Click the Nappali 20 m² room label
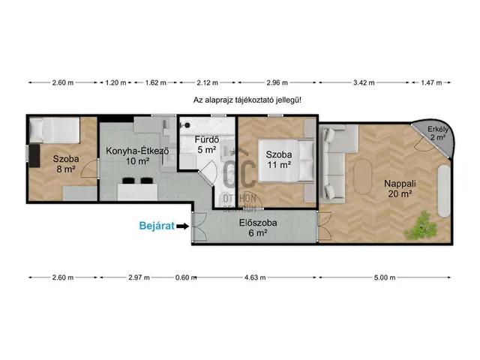coord(400,188)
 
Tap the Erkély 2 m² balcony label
coord(438,133)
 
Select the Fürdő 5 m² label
coord(207,145)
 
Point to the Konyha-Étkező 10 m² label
coord(137,156)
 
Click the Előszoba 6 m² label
coord(258,228)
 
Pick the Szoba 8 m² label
coord(66,163)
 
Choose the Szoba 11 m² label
coord(278,160)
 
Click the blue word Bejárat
coord(157,226)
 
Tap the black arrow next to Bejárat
coord(183,226)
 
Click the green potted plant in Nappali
coord(421,226)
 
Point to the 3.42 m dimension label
coord(364,82)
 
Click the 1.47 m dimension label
coord(431,82)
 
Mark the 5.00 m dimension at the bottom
coord(385,277)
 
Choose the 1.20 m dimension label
coord(115,82)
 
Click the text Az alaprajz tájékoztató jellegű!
coord(247,100)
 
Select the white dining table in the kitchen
coord(137,192)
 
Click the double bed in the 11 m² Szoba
coord(286,160)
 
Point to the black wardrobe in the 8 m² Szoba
coord(34,155)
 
